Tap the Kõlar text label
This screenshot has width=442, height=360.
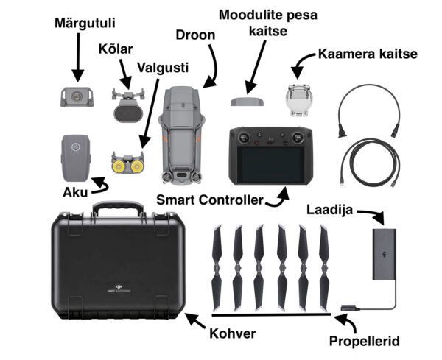(x=118, y=50)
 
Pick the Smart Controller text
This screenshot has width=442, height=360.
(x=210, y=200)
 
